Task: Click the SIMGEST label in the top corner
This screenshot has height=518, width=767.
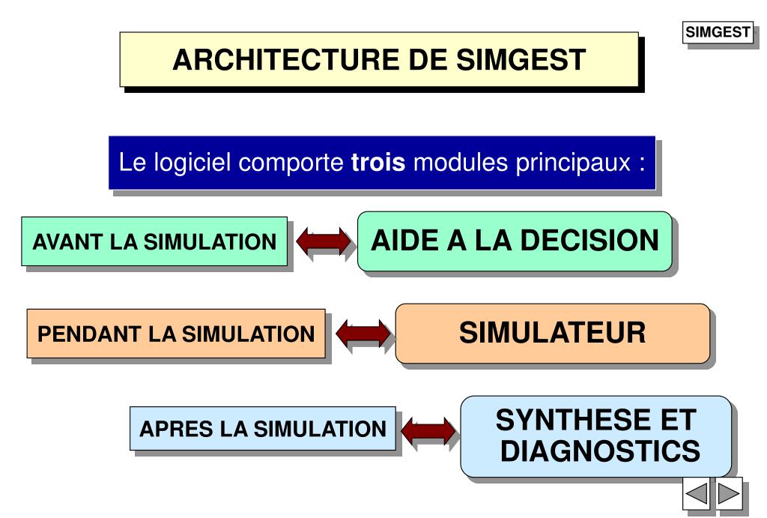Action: pyautogui.click(x=718, y=32)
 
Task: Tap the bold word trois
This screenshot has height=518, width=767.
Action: pyautogui.click(x=378, y=162)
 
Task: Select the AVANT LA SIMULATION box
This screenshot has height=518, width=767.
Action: pyautogui.click(x=154, y=241)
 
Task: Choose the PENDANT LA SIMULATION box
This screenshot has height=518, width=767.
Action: pyautogui.click(x=176, y=334)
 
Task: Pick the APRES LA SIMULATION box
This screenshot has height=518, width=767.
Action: pyautogui.click(x=262, y=429)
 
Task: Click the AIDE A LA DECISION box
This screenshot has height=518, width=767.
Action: pyautogui.click(x=515, y=241)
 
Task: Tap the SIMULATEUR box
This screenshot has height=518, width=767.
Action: pyautogui.click(x=552, y=333)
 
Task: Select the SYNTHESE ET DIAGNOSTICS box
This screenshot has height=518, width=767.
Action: pyautogui.click(x=595, y=436)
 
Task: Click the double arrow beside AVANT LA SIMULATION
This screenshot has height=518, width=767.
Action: pyautogui.click(x=323, y=241)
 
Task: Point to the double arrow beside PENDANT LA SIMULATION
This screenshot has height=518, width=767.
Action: pyautogui.click(x=363, y=334)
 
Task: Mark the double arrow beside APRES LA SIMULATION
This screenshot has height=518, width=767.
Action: pyautogui.click(x=428, y=430)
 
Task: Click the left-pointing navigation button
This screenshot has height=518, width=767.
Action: pyautogui.click(x=697, y=495)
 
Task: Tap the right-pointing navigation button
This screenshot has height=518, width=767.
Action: pyautogui.click(x=729, y=495)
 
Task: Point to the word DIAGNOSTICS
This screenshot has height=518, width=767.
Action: pyautogui.click(x=600, y=452)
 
